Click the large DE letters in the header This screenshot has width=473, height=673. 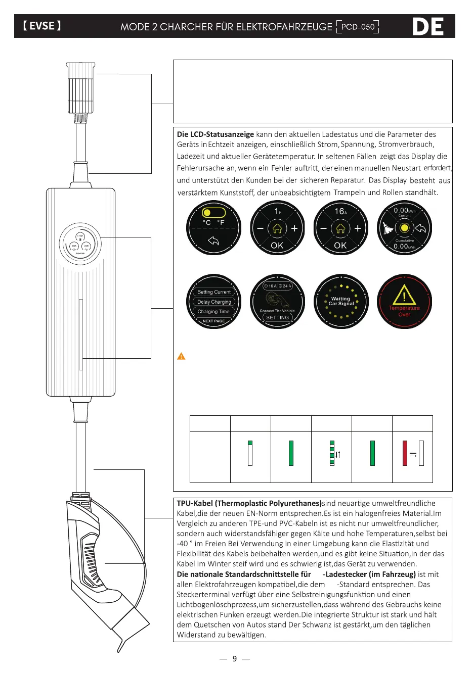pyautogui.click(x=428, y=27)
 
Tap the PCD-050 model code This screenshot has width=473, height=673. pyautogui.click(x=358, y=27)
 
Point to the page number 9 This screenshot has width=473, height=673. pyautogui.click(x=235, y=658)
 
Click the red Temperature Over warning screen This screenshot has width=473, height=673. pyautogui.click(x=404, y=302)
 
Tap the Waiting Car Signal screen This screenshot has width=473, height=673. pyautogui.click(x=341, y=302)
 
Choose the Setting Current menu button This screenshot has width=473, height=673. pyautogui.click(x=214, y=292)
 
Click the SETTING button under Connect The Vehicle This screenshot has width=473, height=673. pyautogui.click(x=277, y=318)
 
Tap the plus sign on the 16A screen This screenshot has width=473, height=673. pyautogui.click(x=358, y=228)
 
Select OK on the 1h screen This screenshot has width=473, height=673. pyautogui.click(x=277, y=246)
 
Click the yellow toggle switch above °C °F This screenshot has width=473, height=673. pyautogui.click(x=213, y=212)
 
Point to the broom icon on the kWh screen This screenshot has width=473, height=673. pyautogui.click(x=388, y=228)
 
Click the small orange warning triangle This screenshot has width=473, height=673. pyautogui.click(x=181, y=356)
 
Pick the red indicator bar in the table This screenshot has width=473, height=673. pyautogui.click(x=405, y=453)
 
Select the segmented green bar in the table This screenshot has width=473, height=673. pyautogui.click(x=332, y=453)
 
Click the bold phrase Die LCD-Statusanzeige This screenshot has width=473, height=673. pyautogui.click(x=216, y=134)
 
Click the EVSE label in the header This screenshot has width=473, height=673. pyautogui.click(x=42, y=26)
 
